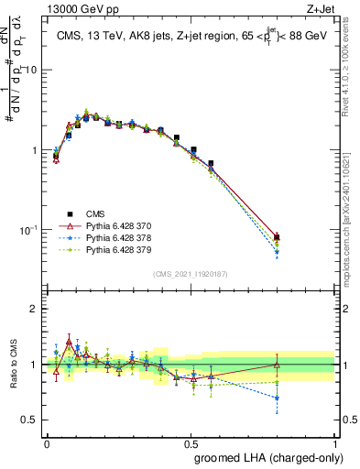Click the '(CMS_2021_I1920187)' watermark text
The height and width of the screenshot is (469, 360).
tap(191, 272)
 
